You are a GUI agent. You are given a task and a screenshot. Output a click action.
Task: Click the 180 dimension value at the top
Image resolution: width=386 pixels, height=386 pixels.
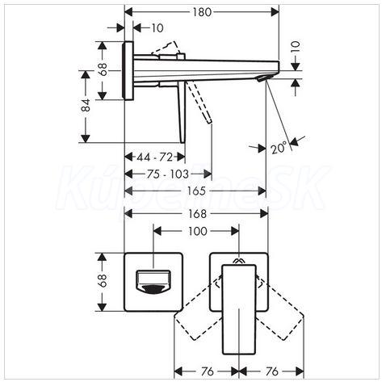click(x=202, y=12)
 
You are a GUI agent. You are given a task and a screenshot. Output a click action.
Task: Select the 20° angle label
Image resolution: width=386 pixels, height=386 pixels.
click(x=279, y=149)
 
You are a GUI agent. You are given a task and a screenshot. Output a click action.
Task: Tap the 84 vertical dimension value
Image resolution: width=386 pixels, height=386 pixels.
click(x=86, y=105)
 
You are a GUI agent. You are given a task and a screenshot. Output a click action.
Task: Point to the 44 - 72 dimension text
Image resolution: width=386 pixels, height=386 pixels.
click(x=154, y=157)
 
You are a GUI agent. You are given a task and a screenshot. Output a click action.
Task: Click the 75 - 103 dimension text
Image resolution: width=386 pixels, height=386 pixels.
click(x=168, y=174)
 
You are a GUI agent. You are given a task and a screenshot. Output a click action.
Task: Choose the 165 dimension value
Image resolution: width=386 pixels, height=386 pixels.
click(x=196, y=191)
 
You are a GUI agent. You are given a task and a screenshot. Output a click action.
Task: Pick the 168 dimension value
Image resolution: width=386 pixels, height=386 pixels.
click(x=197, y=214)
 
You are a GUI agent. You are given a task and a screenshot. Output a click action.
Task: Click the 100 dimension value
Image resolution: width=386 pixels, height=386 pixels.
click(x=198, y=231)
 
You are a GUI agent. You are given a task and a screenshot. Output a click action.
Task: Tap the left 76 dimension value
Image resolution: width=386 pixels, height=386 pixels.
click(x=208, y=371)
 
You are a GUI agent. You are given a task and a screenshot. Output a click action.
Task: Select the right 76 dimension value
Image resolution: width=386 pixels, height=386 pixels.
click(x=272, y=371)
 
